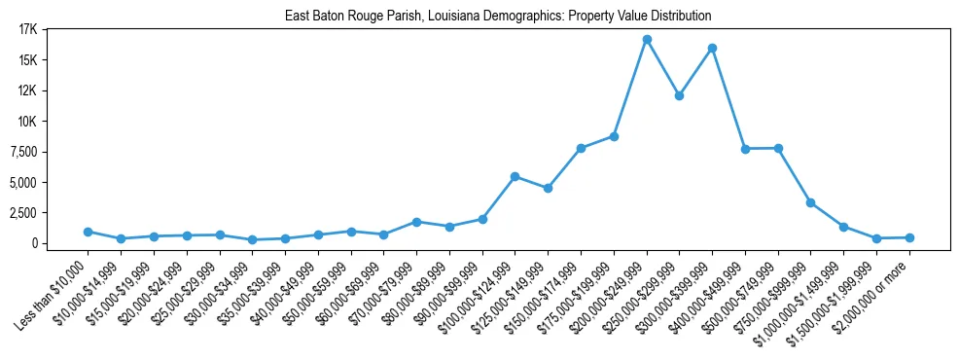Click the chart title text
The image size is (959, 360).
(x=498, y=17)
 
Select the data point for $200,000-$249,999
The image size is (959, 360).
(x=647, y=40)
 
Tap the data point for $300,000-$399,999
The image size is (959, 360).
(x=713, y=48)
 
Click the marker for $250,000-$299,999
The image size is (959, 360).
(x=680, y=95)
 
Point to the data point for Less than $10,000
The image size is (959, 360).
(x=88, y=232)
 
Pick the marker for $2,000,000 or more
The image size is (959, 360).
(x=909, y=237)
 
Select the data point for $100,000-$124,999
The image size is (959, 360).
(x=515, y=176)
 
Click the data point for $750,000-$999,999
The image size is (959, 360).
(x=811, y=202)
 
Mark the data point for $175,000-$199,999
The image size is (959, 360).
(x=614, y=136)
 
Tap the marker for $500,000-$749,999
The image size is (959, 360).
(x=778, y=148)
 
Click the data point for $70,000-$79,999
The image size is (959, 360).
(x=416, y=222)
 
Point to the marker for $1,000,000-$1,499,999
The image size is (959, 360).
(x=844, y=227)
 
